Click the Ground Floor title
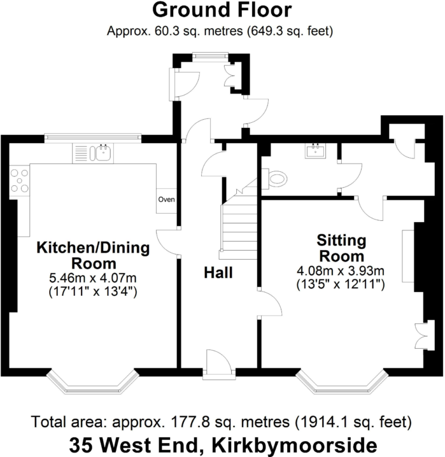tap(222, 11)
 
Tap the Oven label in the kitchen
tap(166, 199)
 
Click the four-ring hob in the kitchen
tap(20, 179)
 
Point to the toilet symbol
tap(275, 178)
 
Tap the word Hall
tap(218, 273)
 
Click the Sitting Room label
tap(341, 248)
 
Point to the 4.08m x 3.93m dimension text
tap(341, 272)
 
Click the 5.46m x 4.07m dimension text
tap(93, 278)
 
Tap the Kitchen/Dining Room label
tap(93, 255)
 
